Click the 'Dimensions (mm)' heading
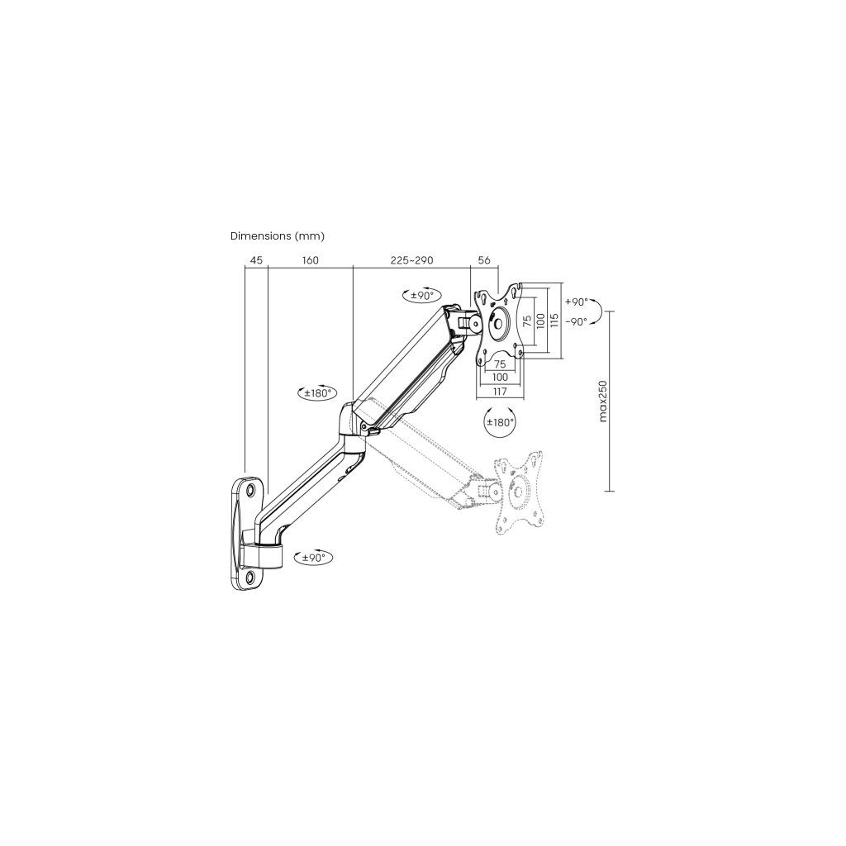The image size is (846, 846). pyautogui.click(x=277, y=235)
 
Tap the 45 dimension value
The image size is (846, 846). pyautogui.click(x=256, y=260)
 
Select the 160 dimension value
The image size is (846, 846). pyautogui.click(x=310, y=260)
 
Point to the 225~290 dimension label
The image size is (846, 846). pyautogui.click(x=411, y=260)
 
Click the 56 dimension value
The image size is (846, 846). pyautogui.click(x=484, y=260)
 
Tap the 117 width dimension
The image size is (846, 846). pyautogui.click(x=500, y=392)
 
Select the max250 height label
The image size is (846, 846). pyautogui.click(x=603, y=401)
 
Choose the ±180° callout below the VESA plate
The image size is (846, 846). pyautogui.click(x=500, y=422)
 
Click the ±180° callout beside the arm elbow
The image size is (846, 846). pyautogui.click(x=316, y=393)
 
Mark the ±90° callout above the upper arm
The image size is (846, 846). pyautogui.click(x=421, y=295)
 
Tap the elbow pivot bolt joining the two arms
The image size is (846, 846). pyautogui.click(x=364, y=426)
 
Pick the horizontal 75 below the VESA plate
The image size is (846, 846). pyautogui.click(x=499, y=364)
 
